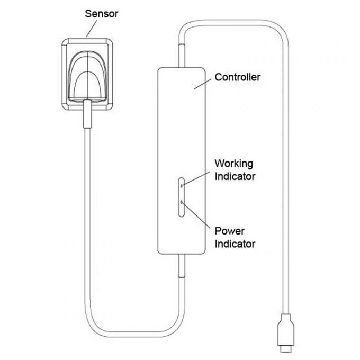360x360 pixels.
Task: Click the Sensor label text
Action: point(102,14)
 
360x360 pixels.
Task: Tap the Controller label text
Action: point(237,77)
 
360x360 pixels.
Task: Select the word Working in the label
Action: point(234,164)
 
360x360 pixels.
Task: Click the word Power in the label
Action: point(230,231)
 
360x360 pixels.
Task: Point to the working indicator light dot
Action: point(182,186)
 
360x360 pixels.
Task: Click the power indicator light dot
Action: point(182,202)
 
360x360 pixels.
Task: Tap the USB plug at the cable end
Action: point(286,332)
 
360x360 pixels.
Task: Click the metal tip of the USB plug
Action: point(286,349)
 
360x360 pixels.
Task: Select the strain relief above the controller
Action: point(182,56)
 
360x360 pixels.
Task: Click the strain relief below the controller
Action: point(182,266)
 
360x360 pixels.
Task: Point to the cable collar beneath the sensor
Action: point(87,114)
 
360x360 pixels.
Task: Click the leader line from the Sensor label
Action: point(92,29)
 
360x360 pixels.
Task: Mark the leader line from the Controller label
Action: point(203,84)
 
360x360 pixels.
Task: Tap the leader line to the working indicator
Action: point(196,178)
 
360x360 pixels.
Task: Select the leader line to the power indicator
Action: point(196,215)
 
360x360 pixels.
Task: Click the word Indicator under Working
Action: point(235,176)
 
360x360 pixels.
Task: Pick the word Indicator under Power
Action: point(235,244)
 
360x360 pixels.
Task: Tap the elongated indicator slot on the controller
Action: point(182,197)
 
